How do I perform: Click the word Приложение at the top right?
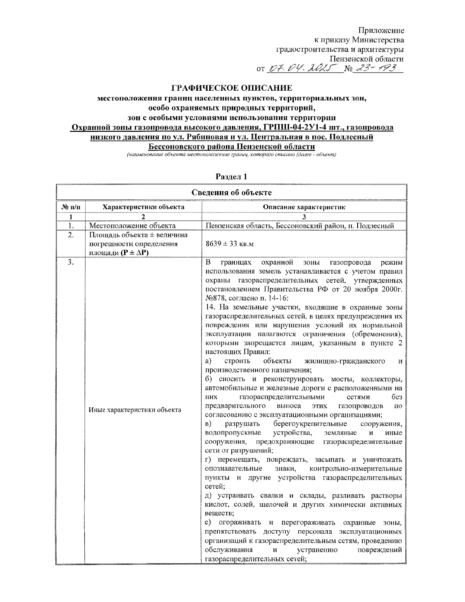coord(381,30)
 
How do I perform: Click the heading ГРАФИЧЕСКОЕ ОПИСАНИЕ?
coord(232,88)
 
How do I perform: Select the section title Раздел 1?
coord(231,177)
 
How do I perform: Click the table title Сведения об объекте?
coord(231,193)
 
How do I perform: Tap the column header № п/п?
coord(71,207)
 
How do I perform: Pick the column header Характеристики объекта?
coord(143,207)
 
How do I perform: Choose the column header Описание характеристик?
coord(304,207)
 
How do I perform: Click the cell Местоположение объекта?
coord(133,226)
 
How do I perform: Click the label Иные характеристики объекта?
coord(135,410)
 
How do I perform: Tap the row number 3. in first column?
coord(71,262)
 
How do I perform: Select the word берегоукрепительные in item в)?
coord(310,424)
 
